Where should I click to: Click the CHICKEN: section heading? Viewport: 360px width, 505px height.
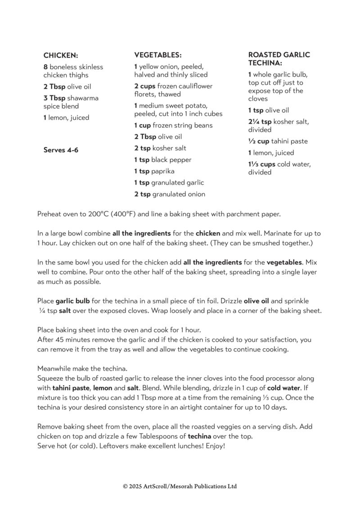61,55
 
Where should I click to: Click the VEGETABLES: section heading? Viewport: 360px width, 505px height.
157,55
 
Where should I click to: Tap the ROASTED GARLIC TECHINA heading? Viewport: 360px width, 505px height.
279,59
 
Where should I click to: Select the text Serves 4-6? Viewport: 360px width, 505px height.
61,150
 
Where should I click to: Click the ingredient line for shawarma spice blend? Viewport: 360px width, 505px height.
71,102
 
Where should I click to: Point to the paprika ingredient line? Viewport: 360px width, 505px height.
154,171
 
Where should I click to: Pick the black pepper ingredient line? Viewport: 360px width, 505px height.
162,160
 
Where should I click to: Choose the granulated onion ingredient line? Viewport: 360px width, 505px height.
169,194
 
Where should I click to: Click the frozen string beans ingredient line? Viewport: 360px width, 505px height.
173,125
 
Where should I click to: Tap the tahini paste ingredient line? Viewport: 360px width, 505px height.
278,141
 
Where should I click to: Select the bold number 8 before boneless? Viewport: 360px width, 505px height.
45,67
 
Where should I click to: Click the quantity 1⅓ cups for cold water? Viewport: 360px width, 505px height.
261,164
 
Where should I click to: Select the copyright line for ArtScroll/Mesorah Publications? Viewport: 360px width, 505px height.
180,486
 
